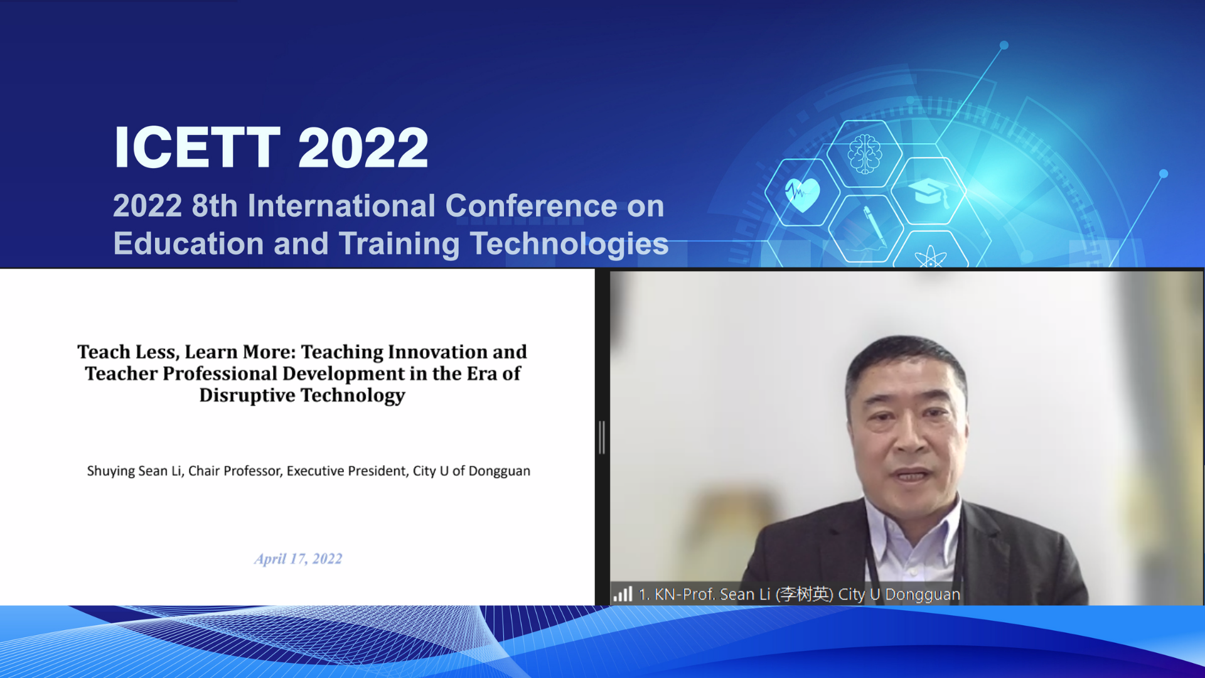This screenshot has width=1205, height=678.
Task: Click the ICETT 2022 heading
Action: [x=270, y=148]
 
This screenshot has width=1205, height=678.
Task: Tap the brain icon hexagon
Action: [x=865, y=154]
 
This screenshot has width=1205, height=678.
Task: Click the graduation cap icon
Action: [x=929, y=191]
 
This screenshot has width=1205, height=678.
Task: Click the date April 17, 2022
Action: [x=298, y=559]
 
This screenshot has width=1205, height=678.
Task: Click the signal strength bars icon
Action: [x=623, y=594]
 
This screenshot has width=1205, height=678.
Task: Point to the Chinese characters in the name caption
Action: [x=805, y=594]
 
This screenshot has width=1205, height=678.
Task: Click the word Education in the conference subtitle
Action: [x=188, y=244]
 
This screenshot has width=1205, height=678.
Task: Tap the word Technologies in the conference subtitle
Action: [x=569, y=244]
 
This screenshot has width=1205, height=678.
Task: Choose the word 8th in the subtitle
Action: [x=214, y=206]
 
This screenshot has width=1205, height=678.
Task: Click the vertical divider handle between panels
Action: [x=602, y=437]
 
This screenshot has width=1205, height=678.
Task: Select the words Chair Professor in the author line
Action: [x=235, y=471]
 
